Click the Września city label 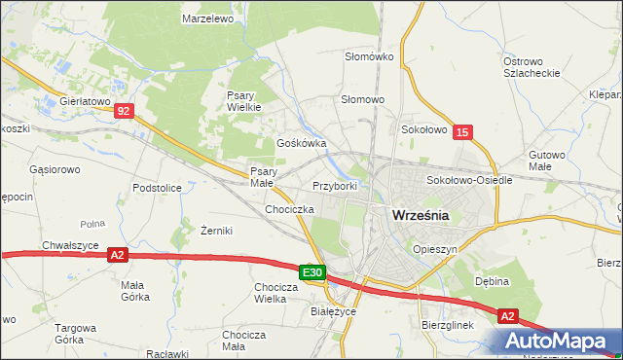point(420,216)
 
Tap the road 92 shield point(122,112)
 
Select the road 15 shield point(462,131)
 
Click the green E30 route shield point(311,274)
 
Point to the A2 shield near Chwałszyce point(117,255)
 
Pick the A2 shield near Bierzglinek point(508,316)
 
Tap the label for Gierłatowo point(86,100)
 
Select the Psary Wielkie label point(243,101)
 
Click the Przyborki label point(335,186)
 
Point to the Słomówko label point(369,56)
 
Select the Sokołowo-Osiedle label point(462,181)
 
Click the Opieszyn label point(434,249)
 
